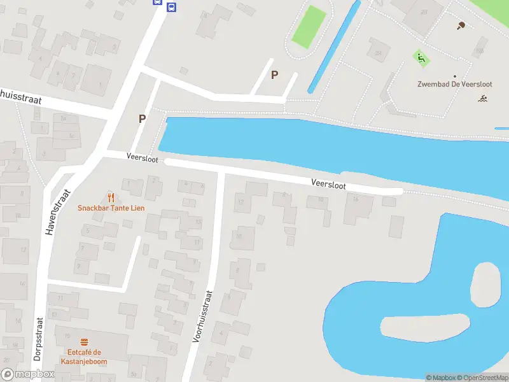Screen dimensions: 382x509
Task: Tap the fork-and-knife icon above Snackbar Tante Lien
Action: point(111,197)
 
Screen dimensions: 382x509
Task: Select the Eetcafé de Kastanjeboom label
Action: point(83,357)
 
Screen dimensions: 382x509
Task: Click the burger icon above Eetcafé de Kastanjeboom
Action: point(83,342)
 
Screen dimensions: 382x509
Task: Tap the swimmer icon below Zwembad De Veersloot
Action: point(484,98)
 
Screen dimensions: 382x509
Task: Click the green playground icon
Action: point(420,59)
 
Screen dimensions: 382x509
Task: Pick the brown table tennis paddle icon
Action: point(461,25)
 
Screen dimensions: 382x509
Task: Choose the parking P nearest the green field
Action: point(274,74)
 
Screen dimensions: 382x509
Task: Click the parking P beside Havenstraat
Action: point(142,118)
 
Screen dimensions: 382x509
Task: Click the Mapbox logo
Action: point(27,374)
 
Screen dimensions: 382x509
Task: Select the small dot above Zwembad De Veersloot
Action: point(454,75)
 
